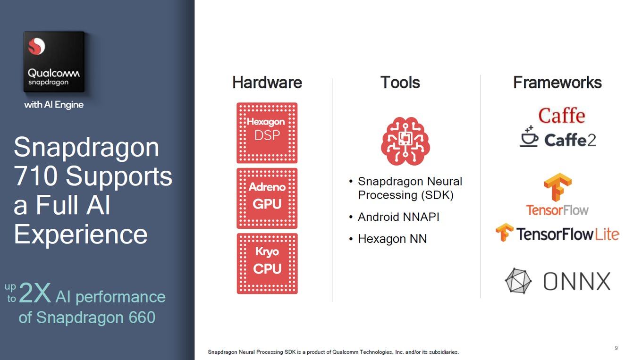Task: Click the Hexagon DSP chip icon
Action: click(x=267, y=133)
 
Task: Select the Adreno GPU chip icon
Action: click(x=267, y=198)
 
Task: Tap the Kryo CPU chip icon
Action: click(x=267, y=263)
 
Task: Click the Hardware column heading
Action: click(x=267, y=83)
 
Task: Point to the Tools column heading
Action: click(x=400, y=83)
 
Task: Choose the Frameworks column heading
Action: click(x=558, y=83)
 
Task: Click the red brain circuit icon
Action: click(x=405, y=141)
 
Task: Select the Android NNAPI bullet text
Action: click(x=398, y=217)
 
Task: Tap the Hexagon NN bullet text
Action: click(x=392, y=239)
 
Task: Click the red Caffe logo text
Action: click(x=561, y=116)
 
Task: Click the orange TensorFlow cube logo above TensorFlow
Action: click(x=558, y=187)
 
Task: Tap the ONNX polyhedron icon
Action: click(x=518, y=281)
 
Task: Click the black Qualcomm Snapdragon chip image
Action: click(x=54, y=62)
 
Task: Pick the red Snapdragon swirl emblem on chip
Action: click(x=36, y=46)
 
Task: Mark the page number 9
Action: click(x=616, y=348)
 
